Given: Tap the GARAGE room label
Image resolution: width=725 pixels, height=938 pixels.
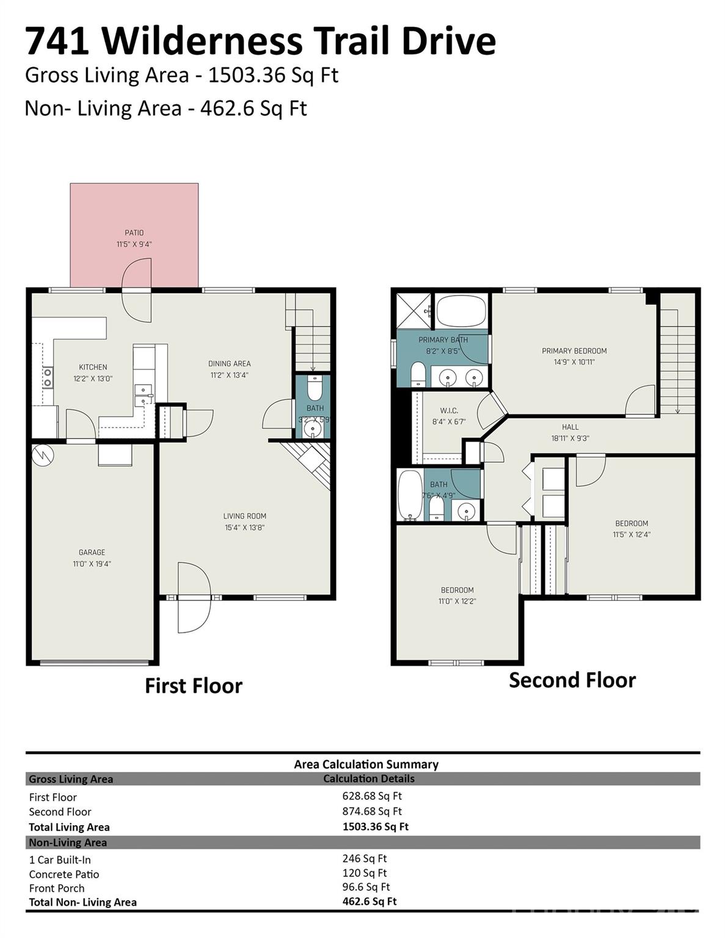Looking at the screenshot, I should pos(92,553).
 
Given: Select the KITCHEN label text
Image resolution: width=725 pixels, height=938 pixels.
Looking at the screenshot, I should pos(93,367).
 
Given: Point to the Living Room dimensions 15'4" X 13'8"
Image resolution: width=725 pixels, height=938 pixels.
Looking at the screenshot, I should pos(244,528).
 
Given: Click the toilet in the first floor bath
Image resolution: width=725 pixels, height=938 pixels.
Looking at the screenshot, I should pos(314,388).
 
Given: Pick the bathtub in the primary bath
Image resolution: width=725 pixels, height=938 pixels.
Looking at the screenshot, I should pos(462,311).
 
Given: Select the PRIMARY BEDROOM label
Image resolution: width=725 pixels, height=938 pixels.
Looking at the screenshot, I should pos(574,351).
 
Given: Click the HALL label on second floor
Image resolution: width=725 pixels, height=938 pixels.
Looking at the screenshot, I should pos(570,427).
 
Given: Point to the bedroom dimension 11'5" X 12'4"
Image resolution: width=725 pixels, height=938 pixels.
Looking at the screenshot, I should pos(632,534).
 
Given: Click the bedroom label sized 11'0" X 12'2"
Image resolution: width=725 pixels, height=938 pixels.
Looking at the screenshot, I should pos(457,590).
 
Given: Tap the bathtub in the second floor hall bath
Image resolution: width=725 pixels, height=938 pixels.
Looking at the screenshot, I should pos(409,495).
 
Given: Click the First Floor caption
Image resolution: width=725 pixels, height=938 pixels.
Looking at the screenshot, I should pos(193,686).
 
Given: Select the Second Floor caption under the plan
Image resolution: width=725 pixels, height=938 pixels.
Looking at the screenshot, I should pos(572,680).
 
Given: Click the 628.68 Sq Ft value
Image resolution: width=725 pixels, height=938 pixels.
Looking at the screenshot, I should pos(372,796).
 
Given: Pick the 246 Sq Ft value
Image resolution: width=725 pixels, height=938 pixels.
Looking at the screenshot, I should pos(365,858).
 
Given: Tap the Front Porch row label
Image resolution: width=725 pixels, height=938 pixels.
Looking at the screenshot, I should pos(57,888).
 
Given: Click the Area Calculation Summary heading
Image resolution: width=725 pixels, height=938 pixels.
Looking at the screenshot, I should pos(366,764).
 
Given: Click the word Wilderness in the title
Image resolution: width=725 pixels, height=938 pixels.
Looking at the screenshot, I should pos(202,42).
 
